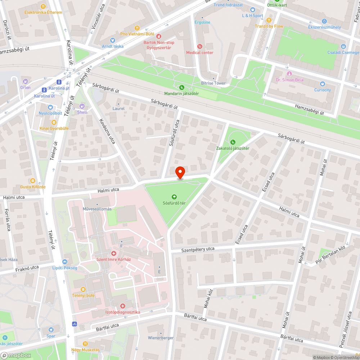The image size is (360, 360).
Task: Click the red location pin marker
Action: coord(180,172)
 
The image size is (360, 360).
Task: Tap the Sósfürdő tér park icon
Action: coord(174,197)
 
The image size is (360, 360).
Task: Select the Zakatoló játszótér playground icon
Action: coord(233,142)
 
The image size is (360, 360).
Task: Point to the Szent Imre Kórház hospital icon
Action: coord(114,253)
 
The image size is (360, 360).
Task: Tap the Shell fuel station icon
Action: coord(82,106)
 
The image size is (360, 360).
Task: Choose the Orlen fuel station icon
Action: coord(25,81)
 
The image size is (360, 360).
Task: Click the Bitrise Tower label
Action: coord(213,83)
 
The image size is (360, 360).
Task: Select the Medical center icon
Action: coord(200,46)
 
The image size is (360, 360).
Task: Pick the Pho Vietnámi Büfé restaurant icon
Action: coord(137,28)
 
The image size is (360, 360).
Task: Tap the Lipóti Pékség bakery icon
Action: coord(65,262)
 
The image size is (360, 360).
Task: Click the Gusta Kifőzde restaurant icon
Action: coord(33,181)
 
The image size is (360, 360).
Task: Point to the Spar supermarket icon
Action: coord(51,330)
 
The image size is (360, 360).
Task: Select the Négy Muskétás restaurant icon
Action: coord(85,344)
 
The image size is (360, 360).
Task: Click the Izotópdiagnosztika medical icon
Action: coord(122,306)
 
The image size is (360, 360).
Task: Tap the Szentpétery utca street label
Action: coord(198,249)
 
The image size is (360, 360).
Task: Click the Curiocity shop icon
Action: coord(322,84)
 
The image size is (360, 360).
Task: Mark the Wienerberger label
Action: coord(161,338)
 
